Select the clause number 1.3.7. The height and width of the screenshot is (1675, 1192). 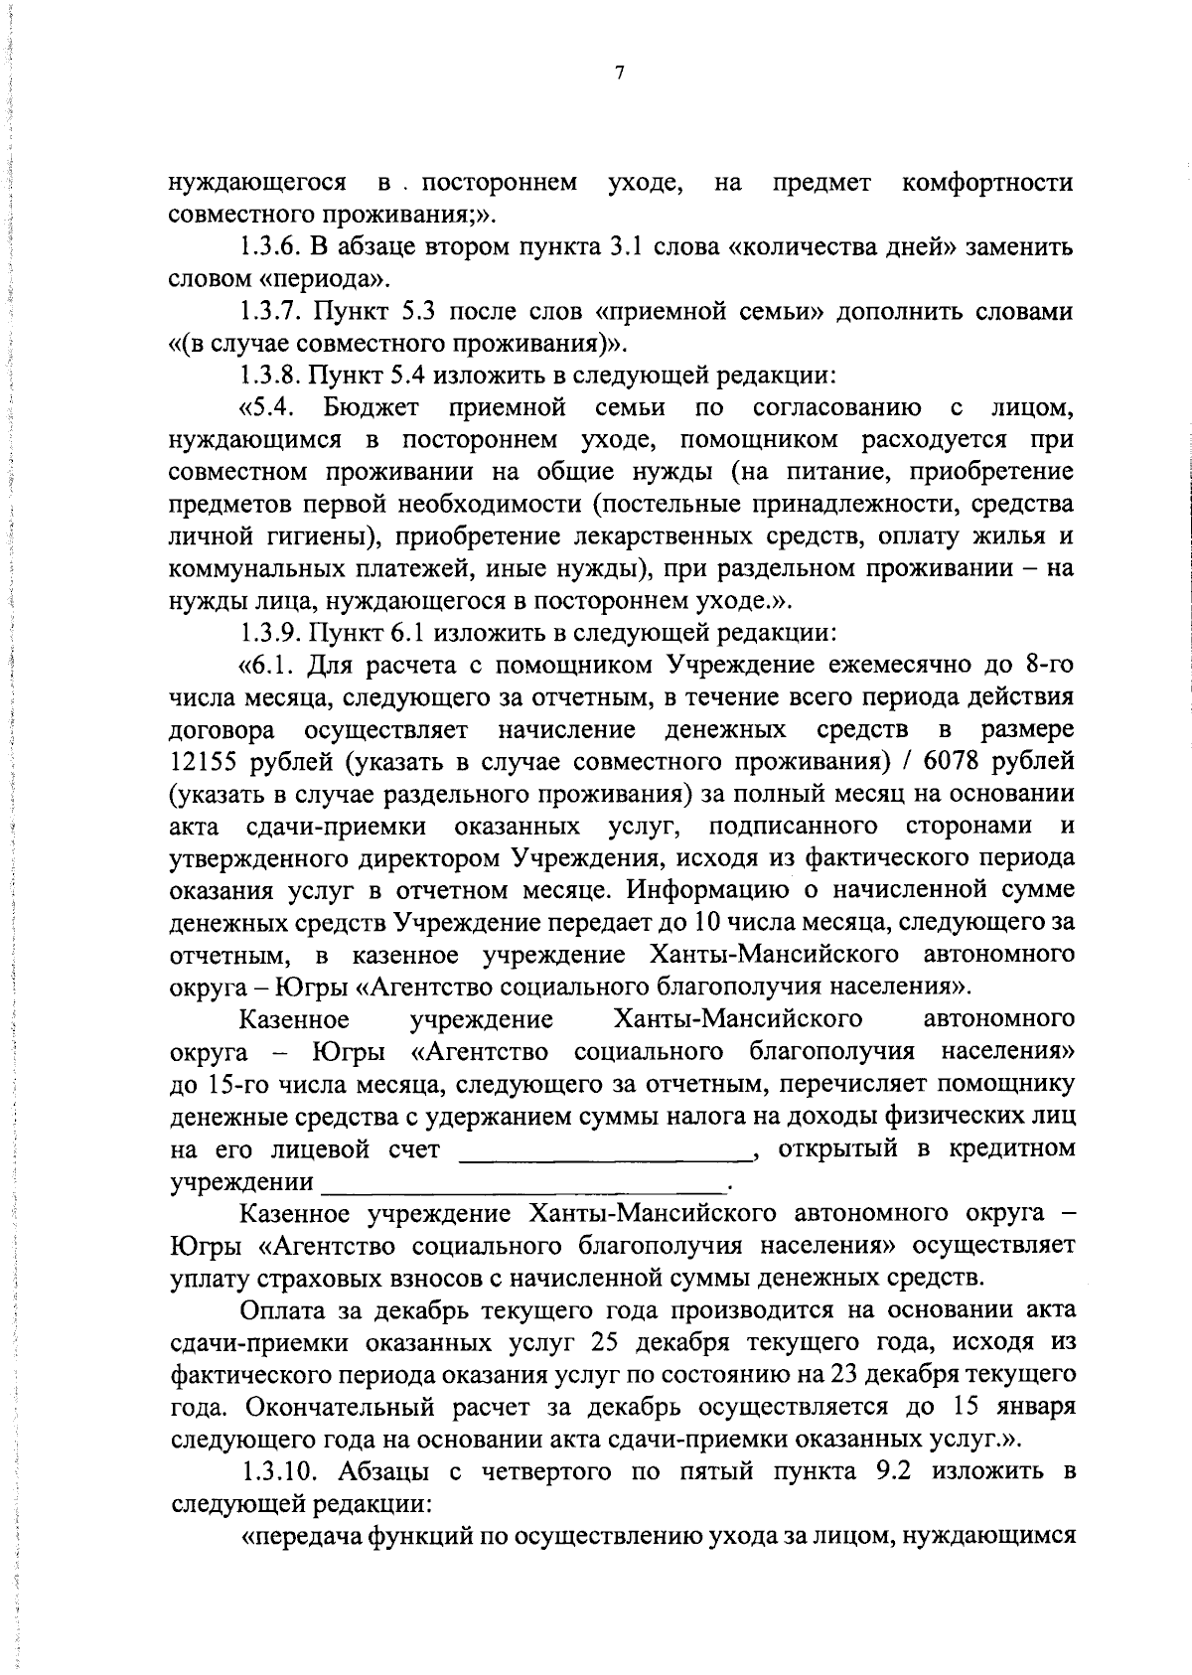coord(271,311)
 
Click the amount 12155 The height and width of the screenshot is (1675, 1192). coord(206,762)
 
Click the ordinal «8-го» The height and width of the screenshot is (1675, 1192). coord(1043,665)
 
